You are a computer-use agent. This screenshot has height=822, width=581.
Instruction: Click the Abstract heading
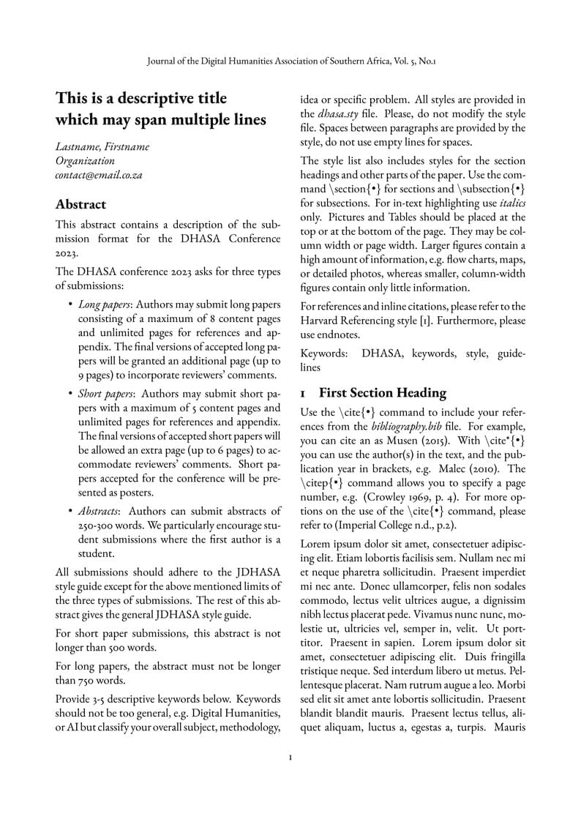80,204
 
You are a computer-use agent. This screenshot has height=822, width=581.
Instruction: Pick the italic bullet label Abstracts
102,512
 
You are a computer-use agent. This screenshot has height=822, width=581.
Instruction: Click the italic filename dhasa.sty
337,113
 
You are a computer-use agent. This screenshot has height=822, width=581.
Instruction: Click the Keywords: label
324,354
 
